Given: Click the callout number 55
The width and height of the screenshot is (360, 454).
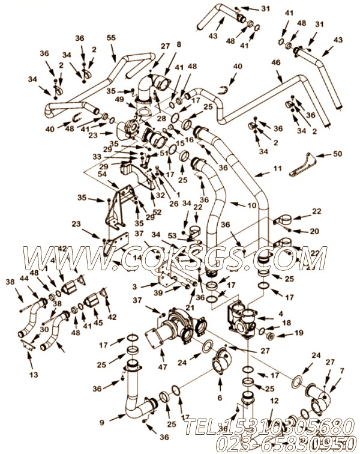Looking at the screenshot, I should coord(110,38).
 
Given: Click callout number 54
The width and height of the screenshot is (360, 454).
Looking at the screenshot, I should coord(101,174).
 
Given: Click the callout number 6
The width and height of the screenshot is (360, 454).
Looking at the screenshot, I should coord(220,398).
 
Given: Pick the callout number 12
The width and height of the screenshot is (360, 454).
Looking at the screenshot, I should coord(273,401).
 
